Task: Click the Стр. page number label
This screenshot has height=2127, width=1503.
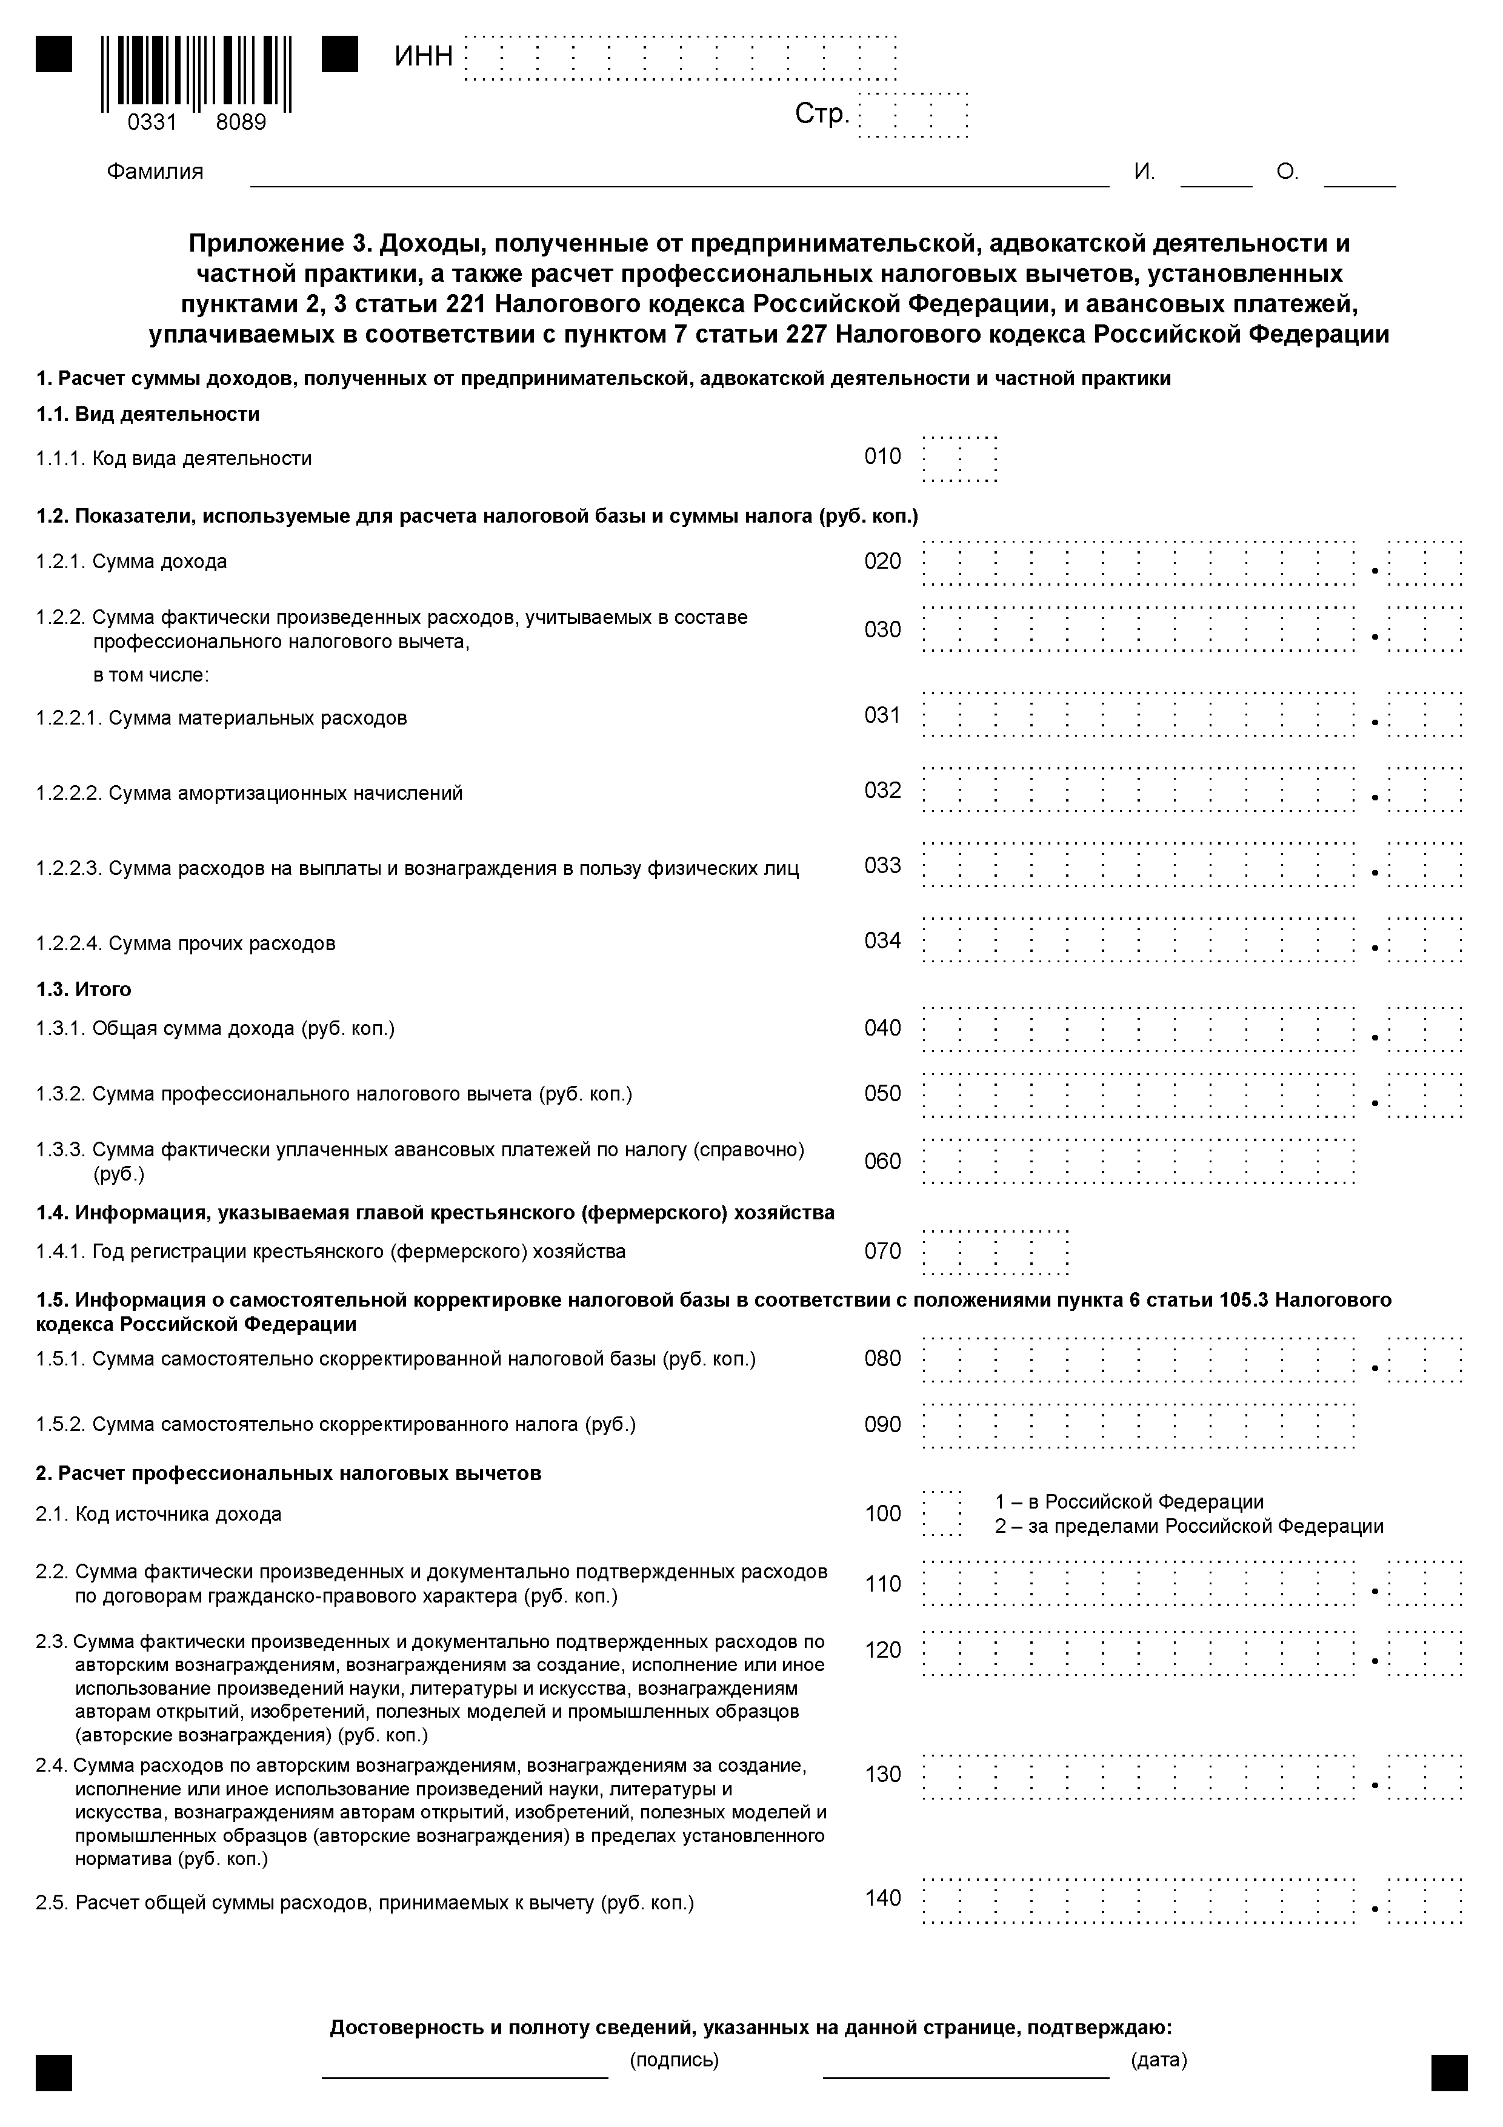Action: click(821, 115)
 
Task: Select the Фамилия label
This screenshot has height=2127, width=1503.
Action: click(155, 172)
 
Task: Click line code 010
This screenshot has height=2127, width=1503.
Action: click(882, 457)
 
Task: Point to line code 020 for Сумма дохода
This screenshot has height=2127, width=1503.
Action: click(882, 561)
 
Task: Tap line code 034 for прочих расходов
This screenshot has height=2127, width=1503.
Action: click(882, 941)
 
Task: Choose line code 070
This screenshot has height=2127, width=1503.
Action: click(882, 1251)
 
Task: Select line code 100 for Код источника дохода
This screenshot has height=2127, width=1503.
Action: click(882, 1514)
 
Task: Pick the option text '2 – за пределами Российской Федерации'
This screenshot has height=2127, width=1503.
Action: click(1189, 1527)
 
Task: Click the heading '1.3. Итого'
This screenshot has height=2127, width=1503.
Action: click(84, 990)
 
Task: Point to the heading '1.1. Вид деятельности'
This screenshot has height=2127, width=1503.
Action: click(148, 414)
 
